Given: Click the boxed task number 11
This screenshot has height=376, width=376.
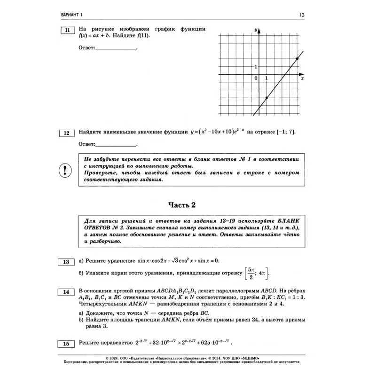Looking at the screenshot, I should (67, 31).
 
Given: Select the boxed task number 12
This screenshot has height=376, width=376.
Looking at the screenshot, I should (67, 133).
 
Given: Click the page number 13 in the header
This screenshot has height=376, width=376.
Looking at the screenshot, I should (302, 16).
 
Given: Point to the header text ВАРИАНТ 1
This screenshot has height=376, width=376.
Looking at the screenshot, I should (75, 16).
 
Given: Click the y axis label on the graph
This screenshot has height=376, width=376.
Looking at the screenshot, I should (255, 30).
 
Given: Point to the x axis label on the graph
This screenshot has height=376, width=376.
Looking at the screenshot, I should (302, 78).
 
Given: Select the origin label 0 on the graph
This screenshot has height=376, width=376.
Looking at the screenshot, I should (256, 78).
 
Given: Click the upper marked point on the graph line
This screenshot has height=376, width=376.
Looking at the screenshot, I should (298, 58).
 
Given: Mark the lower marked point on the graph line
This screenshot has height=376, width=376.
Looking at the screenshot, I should (267, 98).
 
